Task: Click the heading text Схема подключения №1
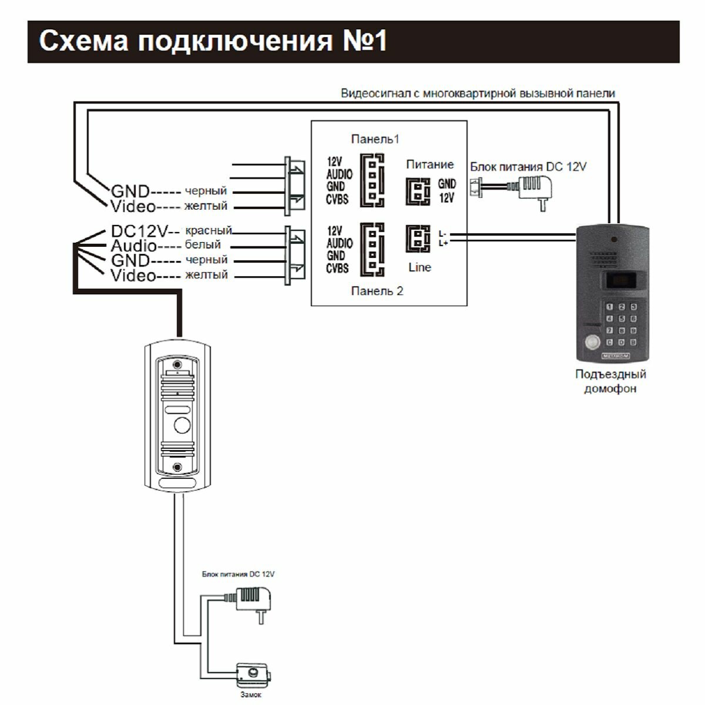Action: (213, 42)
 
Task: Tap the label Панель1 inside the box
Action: (375, 139)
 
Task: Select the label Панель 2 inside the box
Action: (377, 291)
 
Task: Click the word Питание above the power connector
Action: (429, 164)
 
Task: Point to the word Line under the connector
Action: (419, 267)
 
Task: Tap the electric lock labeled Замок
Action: (254, 676)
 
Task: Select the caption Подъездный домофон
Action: (610, 381)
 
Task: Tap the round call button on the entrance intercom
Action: (590, 341)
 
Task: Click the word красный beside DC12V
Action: (209, 230)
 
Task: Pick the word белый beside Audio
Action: (203, 245)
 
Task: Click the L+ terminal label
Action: (442, 242)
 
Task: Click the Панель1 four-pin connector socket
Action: (372, 180)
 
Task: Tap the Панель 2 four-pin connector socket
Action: (372, 249)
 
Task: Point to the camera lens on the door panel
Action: (182, 425)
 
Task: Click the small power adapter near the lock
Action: (254, 599)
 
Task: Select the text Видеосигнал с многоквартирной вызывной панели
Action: (478, 93)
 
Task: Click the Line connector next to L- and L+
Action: (418, 239)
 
